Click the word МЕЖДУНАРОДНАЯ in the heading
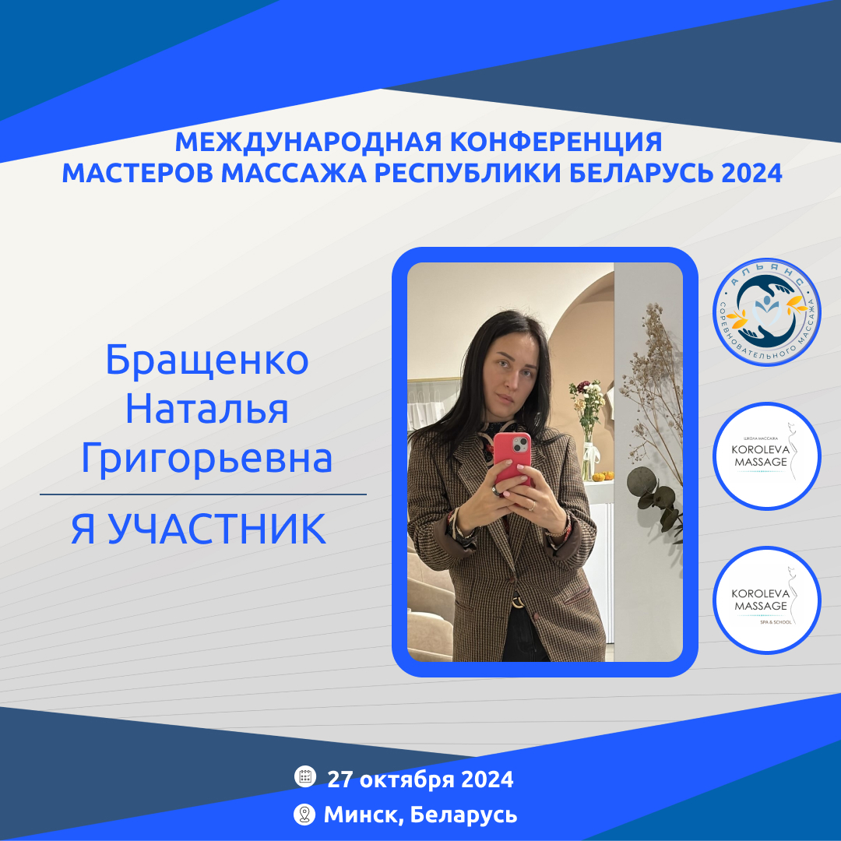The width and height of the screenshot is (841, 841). coord(309,143)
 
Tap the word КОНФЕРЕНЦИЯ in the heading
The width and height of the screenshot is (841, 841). coord(556,143)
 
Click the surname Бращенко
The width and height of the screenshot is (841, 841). coord(207,361)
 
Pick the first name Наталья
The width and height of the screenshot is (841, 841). coord(207,410)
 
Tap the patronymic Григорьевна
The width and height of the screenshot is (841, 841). coord(207,459)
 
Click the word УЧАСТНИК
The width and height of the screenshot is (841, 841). coord(217,529)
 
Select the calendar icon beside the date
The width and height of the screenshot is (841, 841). coord(305,776)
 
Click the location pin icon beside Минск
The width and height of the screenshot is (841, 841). coord(304,815)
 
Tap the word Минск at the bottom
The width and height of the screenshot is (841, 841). coord(364,815)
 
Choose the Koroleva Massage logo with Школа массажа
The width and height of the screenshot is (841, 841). coord(767,456)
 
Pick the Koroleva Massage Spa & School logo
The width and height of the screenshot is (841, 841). coord(767,600)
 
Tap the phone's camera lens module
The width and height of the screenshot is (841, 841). coord(519,445)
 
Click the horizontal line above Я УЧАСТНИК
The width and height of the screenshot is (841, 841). coord(203,494)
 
